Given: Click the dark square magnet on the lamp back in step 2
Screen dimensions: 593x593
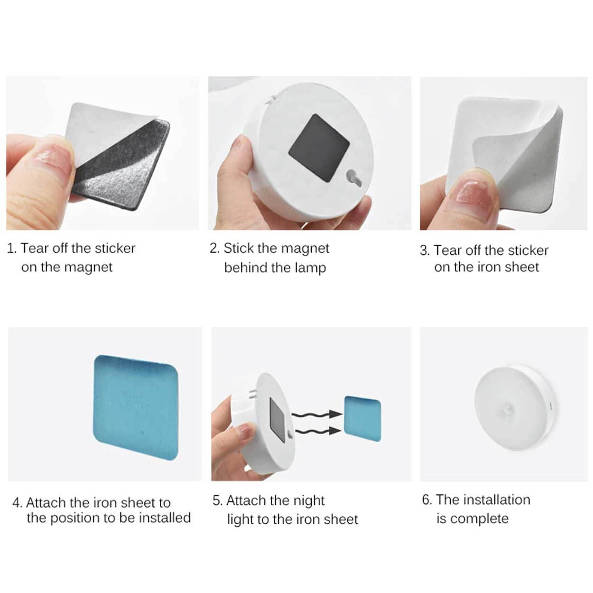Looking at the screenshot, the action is coord(319,148).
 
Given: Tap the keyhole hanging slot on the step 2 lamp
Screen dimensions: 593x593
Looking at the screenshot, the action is coord(354,178).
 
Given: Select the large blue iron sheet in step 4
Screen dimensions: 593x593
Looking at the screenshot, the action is coord(136,408).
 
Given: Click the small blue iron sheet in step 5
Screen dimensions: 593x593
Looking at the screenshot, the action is coord(362,418).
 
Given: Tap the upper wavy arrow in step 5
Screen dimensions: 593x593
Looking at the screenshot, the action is coord(316,414).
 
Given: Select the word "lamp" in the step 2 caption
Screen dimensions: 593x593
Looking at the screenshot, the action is coord(310,268).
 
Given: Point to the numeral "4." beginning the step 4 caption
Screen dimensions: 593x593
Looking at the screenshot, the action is coord(18,503).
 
